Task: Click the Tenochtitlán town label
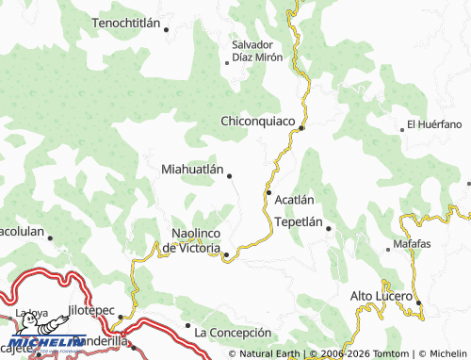click(x=128, y=21)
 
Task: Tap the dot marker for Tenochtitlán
click(x=167, y=29)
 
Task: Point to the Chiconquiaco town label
click(x=257, y=122)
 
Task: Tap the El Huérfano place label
click(x=434, y=124)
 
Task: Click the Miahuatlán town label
click(x=192, y=171)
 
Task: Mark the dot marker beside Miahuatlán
click(x=229, y=174)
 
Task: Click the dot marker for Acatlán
click(x=269, y=194)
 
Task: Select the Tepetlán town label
click(x=299, y=223)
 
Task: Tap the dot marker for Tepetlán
click(x=329, y=228)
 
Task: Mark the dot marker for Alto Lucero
click(x=419, y=303)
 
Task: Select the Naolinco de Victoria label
click(x=193, y=240)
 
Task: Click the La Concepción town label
click(x=232, y=333)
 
